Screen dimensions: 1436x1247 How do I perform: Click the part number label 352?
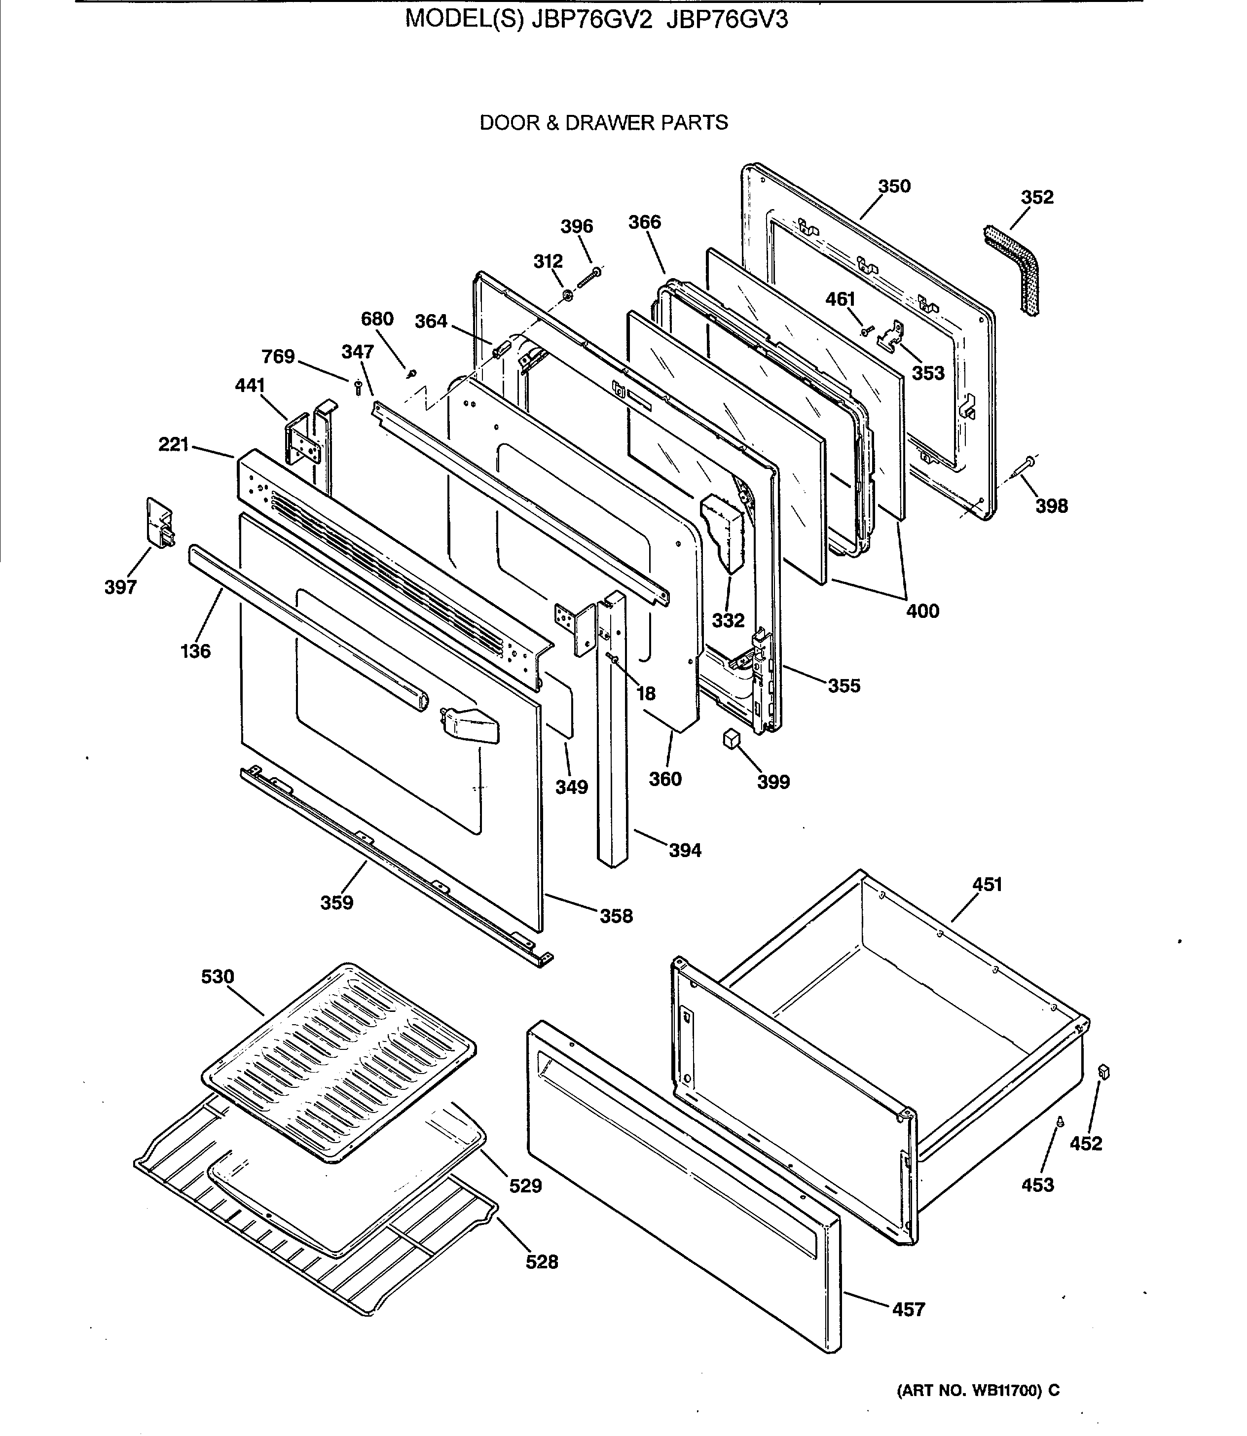point(1037,198)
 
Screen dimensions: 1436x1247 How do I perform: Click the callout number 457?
point(908,1309)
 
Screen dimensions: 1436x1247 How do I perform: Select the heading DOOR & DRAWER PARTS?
point(603,123)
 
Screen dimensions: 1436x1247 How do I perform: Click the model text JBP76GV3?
point(727,20)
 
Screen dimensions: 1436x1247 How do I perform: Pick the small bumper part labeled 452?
point(1103,1072)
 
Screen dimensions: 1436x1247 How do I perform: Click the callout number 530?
point(218,977)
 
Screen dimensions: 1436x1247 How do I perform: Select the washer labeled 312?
point(567,296)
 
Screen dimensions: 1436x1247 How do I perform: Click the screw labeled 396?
point(589,278)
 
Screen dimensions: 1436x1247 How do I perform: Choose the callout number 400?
point(922,611)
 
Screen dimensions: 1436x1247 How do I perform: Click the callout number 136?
point(195,651)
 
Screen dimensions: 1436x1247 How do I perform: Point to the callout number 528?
point(542,1261)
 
